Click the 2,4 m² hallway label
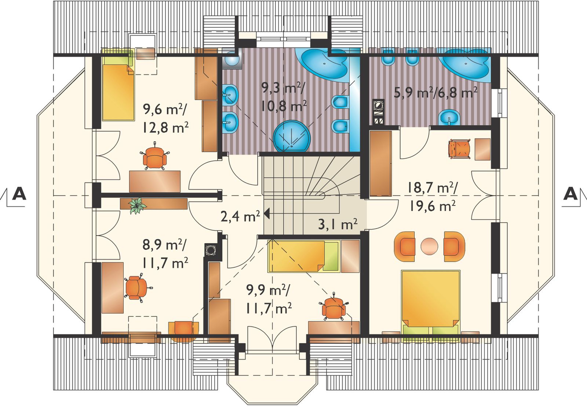[x=240, y=216]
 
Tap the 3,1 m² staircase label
[x=338, y=224]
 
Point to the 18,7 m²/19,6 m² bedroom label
[x=432, y=197]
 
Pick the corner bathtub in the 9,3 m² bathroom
[x=325, y=64]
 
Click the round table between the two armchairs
[x=429, y=246]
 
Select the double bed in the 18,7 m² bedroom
[x=431, y=303]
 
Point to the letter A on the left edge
[x=19, y=193]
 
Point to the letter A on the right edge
[x=570, y=193]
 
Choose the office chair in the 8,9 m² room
[x=137, y=288]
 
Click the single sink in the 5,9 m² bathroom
[x=449, y=117]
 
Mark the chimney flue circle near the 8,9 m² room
[x=210, y=250]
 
